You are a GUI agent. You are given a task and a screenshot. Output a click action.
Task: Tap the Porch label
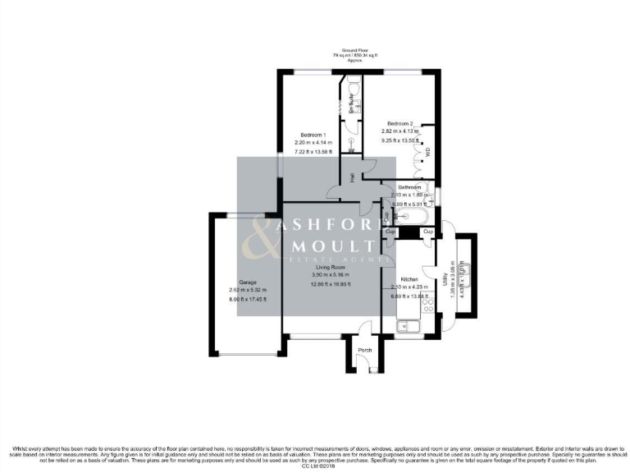[x=365, y=351]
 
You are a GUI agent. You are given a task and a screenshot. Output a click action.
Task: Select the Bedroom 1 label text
[x=313, y=135]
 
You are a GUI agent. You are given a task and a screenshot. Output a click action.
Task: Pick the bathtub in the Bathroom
[x=409, y=216]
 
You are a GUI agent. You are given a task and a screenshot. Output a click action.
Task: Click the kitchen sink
[x=407, y=328]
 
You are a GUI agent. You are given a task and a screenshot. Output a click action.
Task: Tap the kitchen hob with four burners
[x=427, y=305]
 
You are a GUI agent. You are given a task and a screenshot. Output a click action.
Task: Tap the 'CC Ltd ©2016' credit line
[x=314, y=466]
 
